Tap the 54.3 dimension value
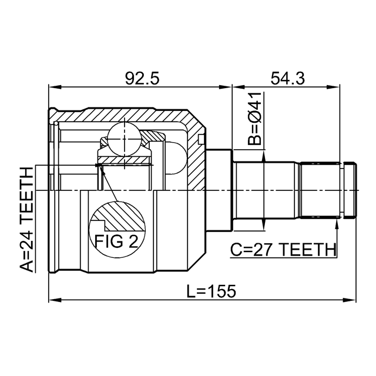286,78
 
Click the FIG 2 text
116,240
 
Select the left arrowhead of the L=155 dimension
53,301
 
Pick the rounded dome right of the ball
174,157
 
